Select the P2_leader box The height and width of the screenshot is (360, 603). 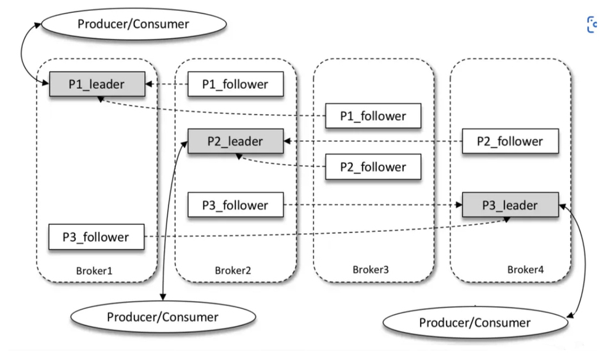pyautogui.click(x=236, y=140)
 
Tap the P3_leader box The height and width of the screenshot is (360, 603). pyautogui.click(x=510, y=205)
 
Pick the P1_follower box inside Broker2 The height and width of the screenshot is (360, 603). pyautogui.click(x=236, y=84)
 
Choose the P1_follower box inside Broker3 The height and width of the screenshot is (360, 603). pyautogui.click(x=373, y=116)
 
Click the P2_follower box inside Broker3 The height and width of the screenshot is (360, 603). pyautogui.click(x=373, y=167)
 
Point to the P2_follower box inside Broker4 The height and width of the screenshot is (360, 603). pyautogui.click(x=510, y=141)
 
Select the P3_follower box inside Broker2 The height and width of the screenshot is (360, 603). pyautogui.click(x=236, y=206)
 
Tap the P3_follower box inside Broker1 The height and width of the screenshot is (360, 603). pyautogui.click(x=96, y=237)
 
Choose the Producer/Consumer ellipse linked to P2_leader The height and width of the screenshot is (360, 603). pyautogui.click(x=163, y=316)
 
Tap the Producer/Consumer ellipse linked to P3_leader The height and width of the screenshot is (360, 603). pyautogui.click(x=475, y=322)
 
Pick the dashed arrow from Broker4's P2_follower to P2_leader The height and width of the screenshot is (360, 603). pyautogui.click(x=371, y=141)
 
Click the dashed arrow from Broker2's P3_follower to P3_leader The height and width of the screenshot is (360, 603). pyautogui.click(x=371, y=206)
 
